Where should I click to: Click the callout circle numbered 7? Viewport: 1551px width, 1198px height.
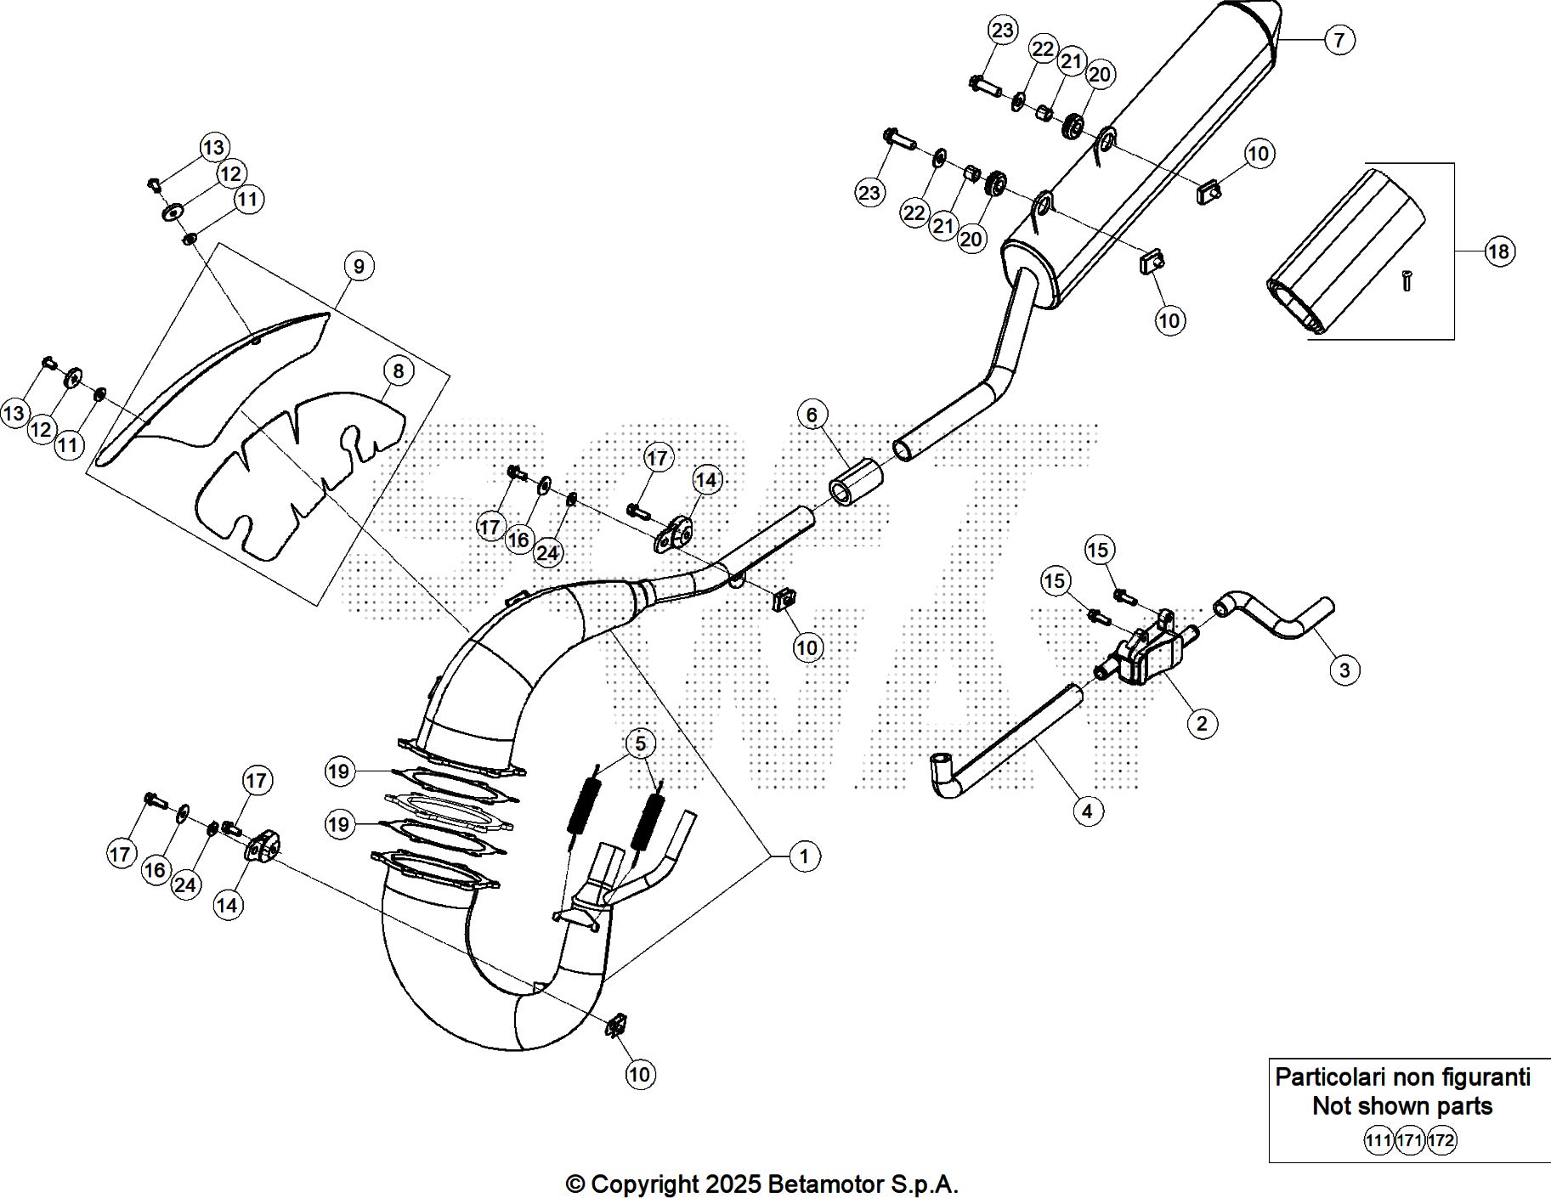click(x=1339, y=39)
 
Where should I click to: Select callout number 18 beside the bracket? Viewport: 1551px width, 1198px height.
click(x=1498, y=251)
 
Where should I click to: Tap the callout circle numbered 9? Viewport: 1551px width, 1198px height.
click(x=359, y=267)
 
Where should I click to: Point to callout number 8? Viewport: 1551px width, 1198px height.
click(x=398, y=370)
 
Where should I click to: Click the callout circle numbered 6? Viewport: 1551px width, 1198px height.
click(x=812, y=415)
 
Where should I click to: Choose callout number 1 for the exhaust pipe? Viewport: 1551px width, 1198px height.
click(x=804, y=856)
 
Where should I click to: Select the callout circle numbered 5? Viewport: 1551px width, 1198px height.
click(x=640, y=744)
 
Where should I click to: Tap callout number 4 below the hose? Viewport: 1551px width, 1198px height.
click(x=1087, y=811)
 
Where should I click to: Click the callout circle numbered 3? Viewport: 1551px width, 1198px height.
click(x=1344, y=670)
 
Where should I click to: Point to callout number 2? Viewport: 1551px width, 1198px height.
click(x=1201, y=724)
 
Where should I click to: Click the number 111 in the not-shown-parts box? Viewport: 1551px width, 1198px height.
click(x=1378, y=1140)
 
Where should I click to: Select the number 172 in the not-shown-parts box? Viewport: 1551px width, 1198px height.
click(x=1441, y=1140)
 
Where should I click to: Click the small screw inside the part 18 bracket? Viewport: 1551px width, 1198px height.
click(x=1407, y=280)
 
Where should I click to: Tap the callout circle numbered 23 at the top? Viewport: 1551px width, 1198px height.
click(x=1003, y=31)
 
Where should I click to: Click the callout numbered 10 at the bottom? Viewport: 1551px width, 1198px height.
click(x=639, y=1075)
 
